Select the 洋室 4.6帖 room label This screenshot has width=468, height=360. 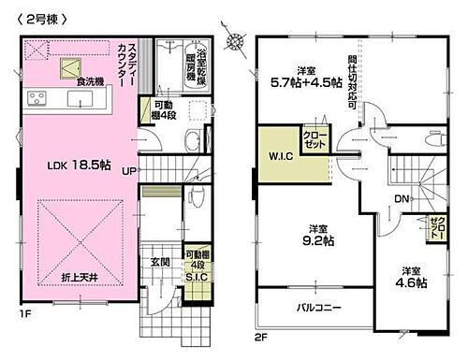pyautogui.click(x=411, y=274)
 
